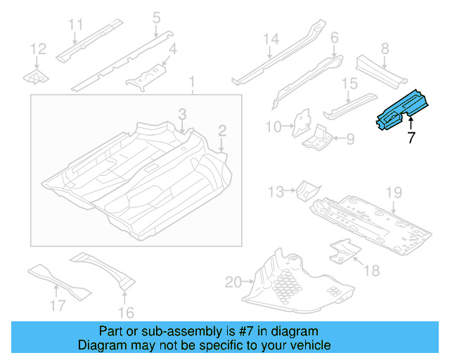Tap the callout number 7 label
411,137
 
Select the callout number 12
38,49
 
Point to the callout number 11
76,25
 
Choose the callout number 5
156,17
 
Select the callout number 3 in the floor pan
181,114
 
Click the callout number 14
271,39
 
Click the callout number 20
233,283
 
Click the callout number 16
127,313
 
